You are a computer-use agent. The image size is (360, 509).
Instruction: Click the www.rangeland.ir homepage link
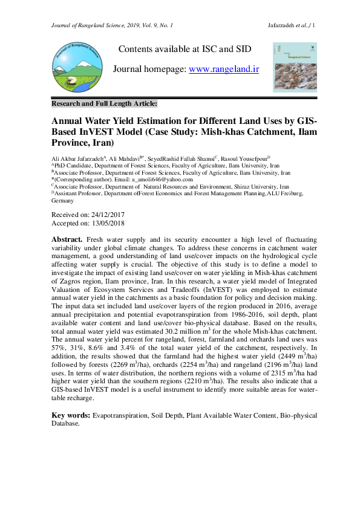(x=224, y=70)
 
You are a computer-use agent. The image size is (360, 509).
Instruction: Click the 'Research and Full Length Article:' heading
(x=105, y=103)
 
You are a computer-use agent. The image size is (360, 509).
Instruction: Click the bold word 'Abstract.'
(x=67, y=240)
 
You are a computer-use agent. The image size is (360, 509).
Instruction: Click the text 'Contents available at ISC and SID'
(x=185, y=49)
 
